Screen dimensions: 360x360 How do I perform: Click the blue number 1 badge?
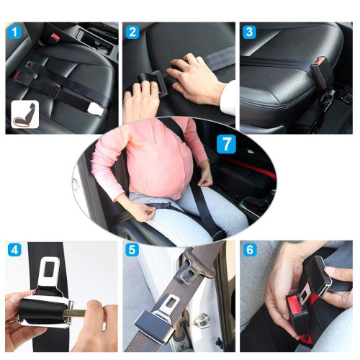pyautogui.click(x=14, y=32)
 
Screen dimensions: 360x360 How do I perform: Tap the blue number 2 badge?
pyautogui.click(x=132, y=32)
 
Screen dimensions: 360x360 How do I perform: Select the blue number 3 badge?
pyautogui.click(x=249, y=32)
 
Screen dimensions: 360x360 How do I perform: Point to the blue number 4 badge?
pyautogui.click(x=14, y=250)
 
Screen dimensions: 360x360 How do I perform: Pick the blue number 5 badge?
pyautogui.click(x=132, y=250)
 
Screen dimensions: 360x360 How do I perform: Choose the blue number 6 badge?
pyautogui.click(x=250, y=250)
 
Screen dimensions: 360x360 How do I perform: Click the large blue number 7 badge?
pyautogui.click(x=226, y=144)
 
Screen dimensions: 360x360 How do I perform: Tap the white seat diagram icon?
pyautogui.click(x=25, y=114)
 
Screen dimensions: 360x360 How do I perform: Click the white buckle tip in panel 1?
pyautogui.click(x=96, y=109)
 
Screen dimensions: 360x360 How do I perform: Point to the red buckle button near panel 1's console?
pyautogui.click(x=55, y=37)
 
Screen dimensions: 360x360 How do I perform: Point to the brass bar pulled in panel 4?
pyautogui.click(x=77, y=313)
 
